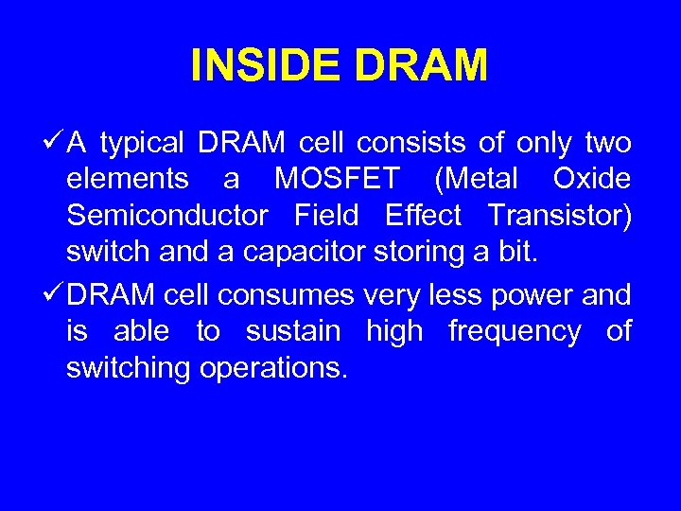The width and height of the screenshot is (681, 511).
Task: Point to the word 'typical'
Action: click(143, 145)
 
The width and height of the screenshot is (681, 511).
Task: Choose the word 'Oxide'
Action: click(591, 180)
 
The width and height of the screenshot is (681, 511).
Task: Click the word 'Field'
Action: click(326, 216)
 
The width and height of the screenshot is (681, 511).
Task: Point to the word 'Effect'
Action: click(423, 216)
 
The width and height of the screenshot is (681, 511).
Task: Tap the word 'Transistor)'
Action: click(560, 217)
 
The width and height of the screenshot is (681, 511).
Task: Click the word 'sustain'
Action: click(292, 332)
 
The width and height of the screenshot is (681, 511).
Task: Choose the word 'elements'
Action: click(128, 180)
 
